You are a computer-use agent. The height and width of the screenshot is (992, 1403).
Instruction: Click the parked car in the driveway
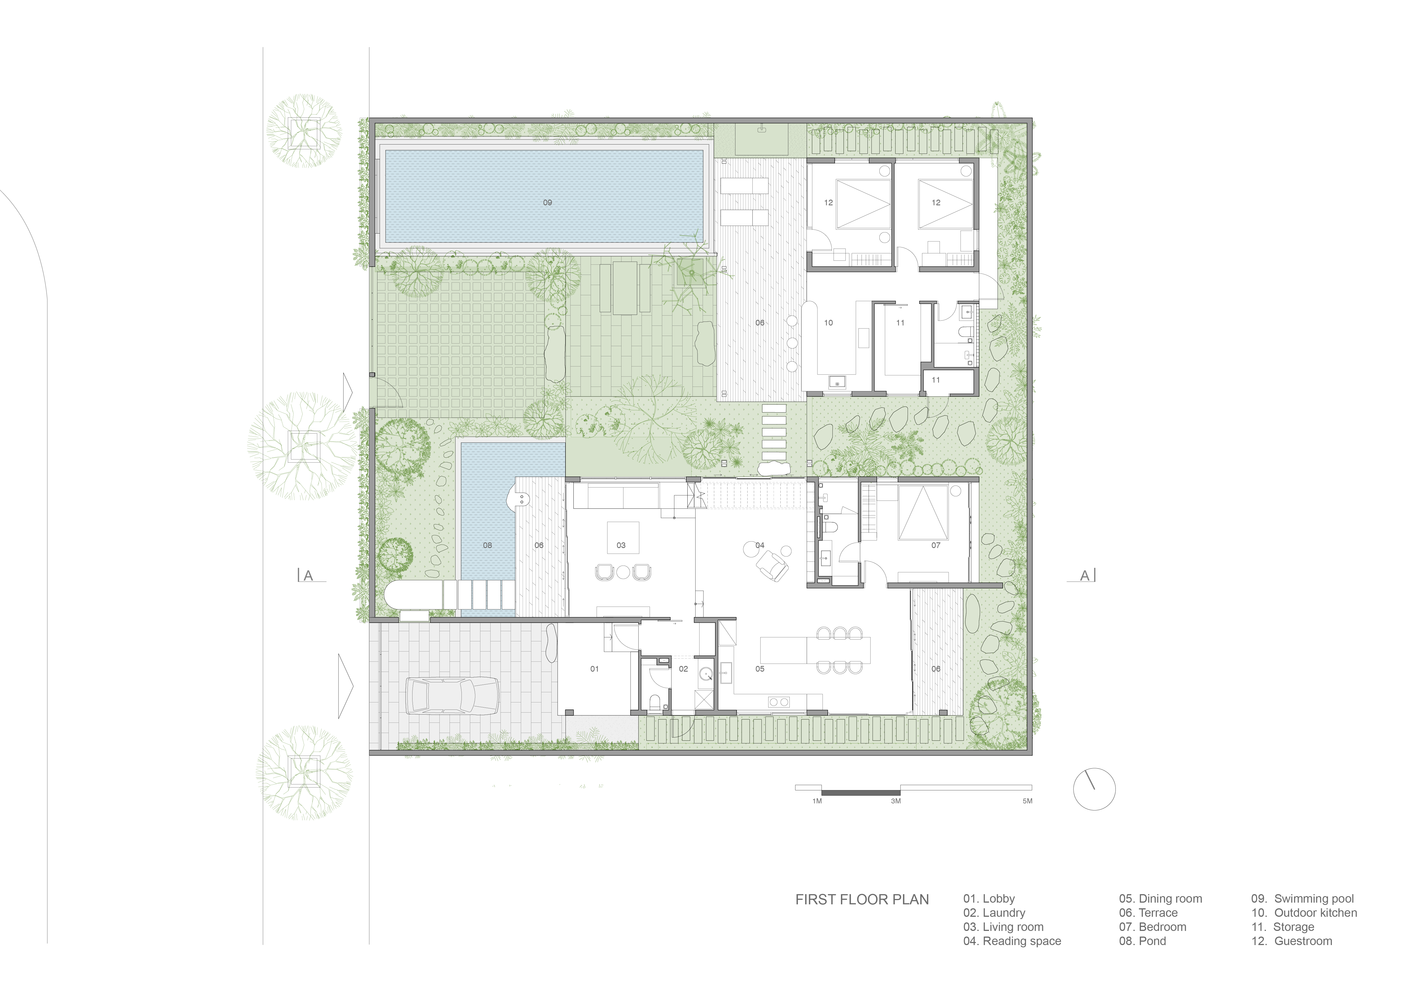(453, 696)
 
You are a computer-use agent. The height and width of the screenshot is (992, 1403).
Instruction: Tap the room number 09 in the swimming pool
(547, 202)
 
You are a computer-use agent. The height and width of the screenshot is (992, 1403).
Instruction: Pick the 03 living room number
(621, 545)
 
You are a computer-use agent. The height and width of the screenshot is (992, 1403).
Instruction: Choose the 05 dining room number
(759, 669)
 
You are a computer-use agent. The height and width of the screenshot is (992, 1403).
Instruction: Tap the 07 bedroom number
(936, 545)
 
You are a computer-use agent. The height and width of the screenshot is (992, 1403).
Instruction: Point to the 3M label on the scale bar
(896, 801)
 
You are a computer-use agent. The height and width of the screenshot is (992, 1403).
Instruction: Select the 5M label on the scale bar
(1027, 801)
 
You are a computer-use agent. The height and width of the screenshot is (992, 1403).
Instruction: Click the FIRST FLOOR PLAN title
(862, 900)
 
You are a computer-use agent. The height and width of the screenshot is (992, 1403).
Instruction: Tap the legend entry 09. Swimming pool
(1302, 898)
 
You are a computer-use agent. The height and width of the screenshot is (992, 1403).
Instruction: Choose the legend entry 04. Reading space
(1012, 941)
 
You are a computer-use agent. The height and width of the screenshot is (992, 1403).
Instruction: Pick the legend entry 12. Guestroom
(1292, 941)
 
